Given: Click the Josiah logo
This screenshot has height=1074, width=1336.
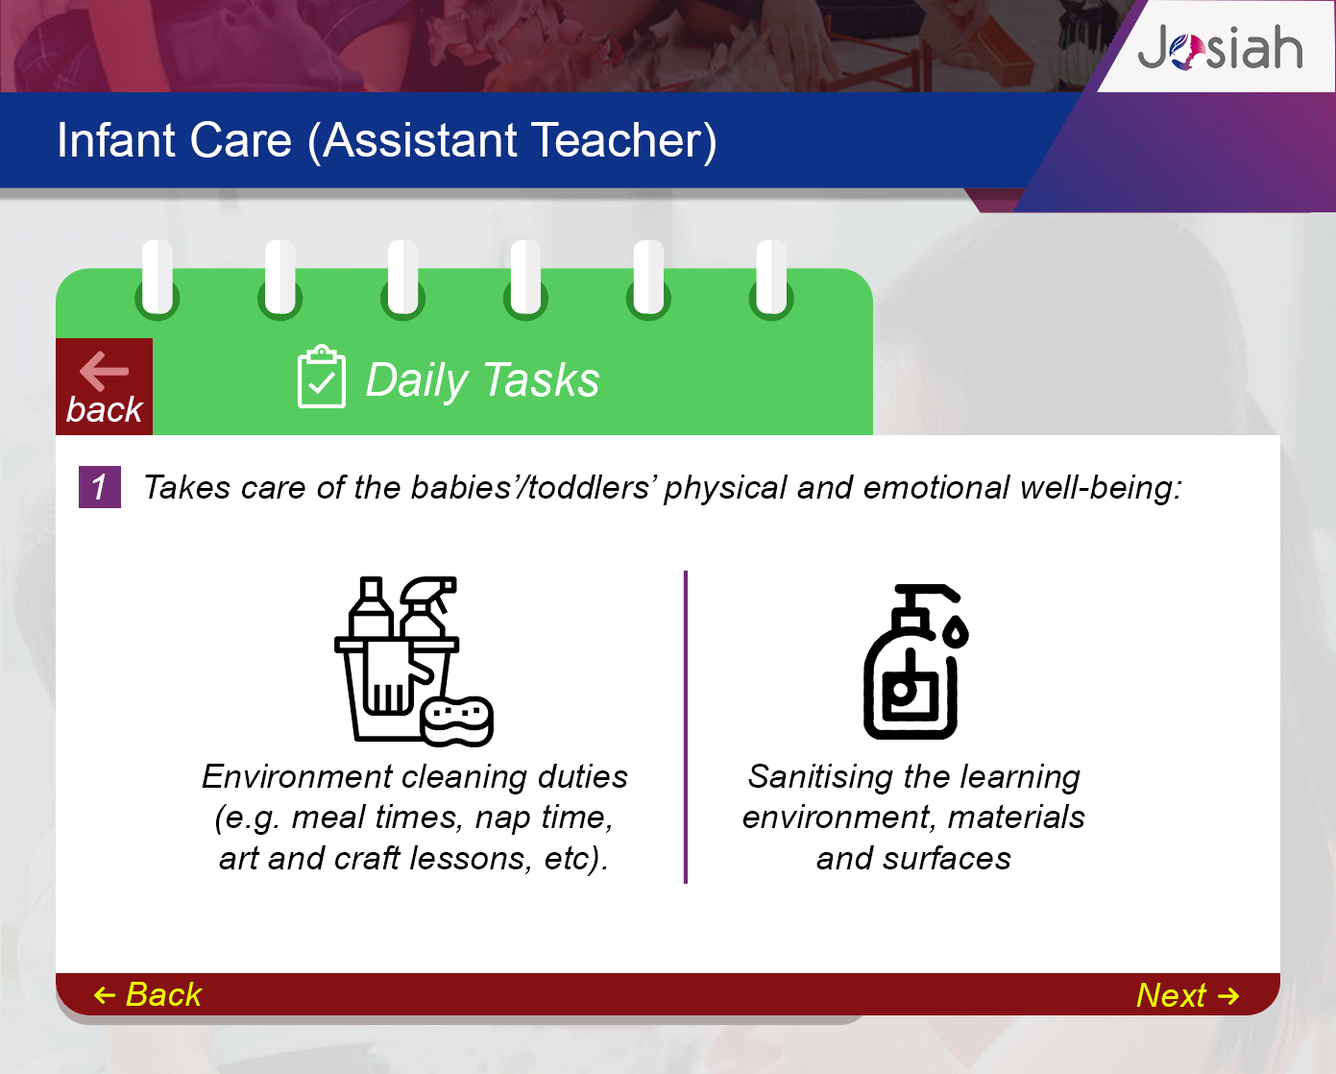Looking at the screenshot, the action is pyautogui.click(x=1220, y=48).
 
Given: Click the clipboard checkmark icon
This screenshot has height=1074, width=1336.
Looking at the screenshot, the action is pyautogui.click(x=321, y=377).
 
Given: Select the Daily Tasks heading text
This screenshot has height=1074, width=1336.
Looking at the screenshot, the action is pyautogui.click(x=482, y=380).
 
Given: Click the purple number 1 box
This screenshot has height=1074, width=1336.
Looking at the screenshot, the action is pyautogui.click(x=99, y=487).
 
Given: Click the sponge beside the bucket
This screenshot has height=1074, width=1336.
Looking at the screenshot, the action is pyautogui.click(x=457, y=721).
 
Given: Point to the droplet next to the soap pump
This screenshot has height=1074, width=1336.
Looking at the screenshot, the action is pyautogui.click(x=956, y=632).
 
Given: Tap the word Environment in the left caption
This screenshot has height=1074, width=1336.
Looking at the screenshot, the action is pyautogui.click(x=298, y=776).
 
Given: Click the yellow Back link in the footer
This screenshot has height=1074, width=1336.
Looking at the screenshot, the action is pyautogui.click(x=148, y=994).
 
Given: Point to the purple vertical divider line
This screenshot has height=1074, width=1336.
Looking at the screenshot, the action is pyautogui.click(x=686, y=727).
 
